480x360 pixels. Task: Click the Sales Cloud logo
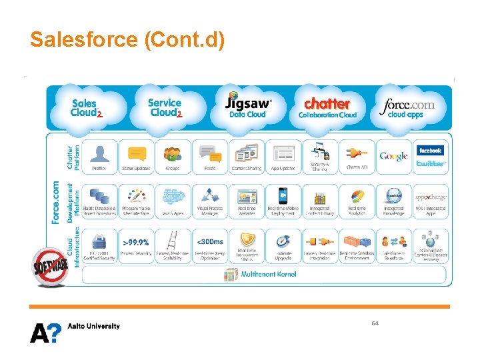coord(86,108)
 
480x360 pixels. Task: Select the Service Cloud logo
coord(165,107)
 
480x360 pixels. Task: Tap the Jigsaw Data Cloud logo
coord(248,106)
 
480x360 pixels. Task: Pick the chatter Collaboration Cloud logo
coord(327,107)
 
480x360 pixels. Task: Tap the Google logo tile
coord(393,157)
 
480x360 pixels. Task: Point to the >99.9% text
coord(136,241)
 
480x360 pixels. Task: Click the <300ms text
coord(209,241)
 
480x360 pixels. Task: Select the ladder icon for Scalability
coord(172,241)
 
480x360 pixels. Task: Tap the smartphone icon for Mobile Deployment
coord(283,196)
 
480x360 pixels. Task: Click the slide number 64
coord(375,323)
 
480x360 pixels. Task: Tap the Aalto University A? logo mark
coord(45,331)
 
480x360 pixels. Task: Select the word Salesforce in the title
coord(83,39)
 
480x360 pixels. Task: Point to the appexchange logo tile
coord(430,198)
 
